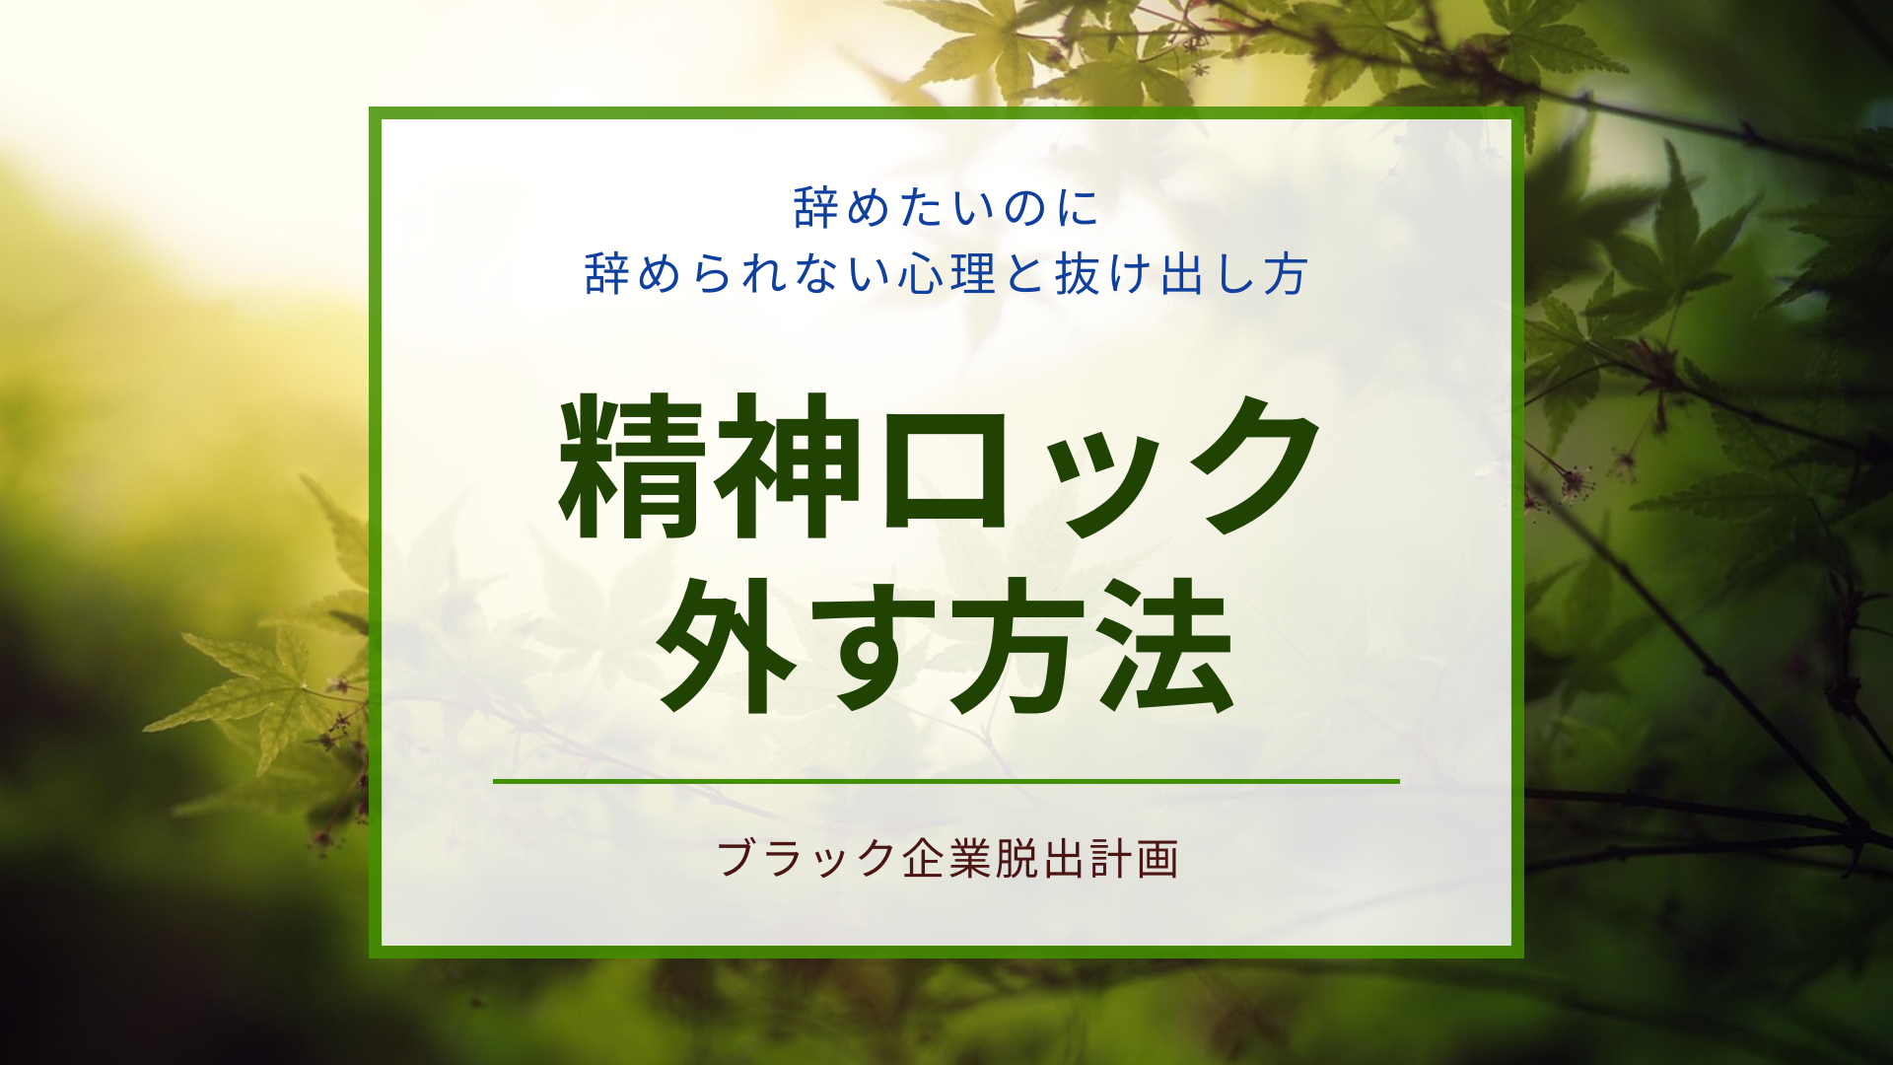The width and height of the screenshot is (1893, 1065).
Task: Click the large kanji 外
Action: (727, 645)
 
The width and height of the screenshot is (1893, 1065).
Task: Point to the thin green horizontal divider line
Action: (946, 781)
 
